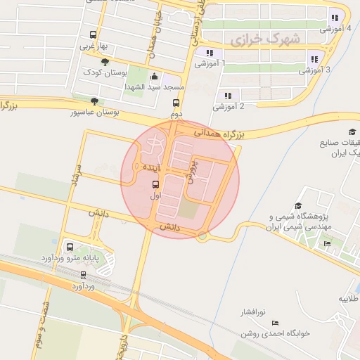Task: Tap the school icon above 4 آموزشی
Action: point(335,18)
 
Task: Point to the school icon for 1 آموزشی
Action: point(209,53)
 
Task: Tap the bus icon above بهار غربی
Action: point(94,35)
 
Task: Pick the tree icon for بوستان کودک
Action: point(105,63)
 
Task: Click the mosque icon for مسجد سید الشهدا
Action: point(155,77)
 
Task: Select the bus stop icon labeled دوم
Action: point(176,103)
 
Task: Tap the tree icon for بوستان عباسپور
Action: point(95,101)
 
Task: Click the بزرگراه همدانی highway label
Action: point(219,131)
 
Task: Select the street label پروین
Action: point(191,169)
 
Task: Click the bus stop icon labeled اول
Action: point(155,185)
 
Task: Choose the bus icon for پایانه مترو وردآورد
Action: point(70,247)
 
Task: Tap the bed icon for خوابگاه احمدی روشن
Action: point(275,322)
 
